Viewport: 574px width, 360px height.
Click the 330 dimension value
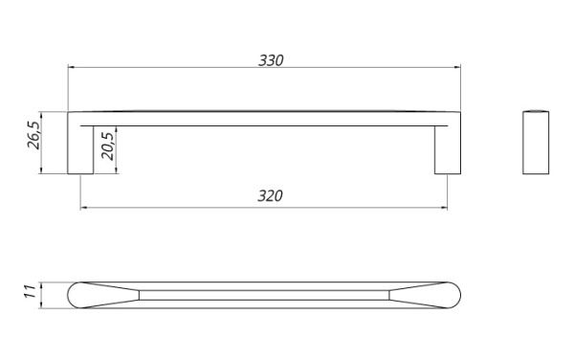tap(271, 60)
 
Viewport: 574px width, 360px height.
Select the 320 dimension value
tap(270, 196)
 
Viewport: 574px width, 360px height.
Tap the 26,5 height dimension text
tap(33, 135)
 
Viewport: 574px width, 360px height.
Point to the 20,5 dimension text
tap(108, 146)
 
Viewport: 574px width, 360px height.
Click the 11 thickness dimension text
tap(30, 291)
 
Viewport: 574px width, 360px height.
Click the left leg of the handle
tap(80, 149)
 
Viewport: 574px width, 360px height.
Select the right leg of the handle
tap(448, 149)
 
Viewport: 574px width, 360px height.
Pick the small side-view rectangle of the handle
tap(536, 142)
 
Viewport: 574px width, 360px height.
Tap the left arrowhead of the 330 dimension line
tap(72, 67)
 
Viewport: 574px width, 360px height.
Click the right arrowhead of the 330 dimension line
tap(457, 67)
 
